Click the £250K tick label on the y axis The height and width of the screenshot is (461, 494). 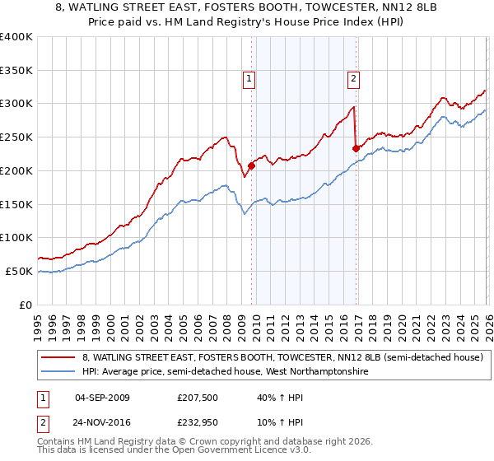pos(16,137)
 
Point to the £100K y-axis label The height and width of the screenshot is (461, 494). pos(16,237)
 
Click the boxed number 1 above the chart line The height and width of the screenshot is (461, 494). pos(249,79)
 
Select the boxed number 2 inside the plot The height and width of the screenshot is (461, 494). pos(352,79)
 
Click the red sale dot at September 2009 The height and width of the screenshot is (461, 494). pos(251,165)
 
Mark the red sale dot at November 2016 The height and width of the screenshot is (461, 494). pos(356,148)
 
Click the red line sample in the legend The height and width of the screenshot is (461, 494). pos(59,357)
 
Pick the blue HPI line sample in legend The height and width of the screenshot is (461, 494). pos(59,372)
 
